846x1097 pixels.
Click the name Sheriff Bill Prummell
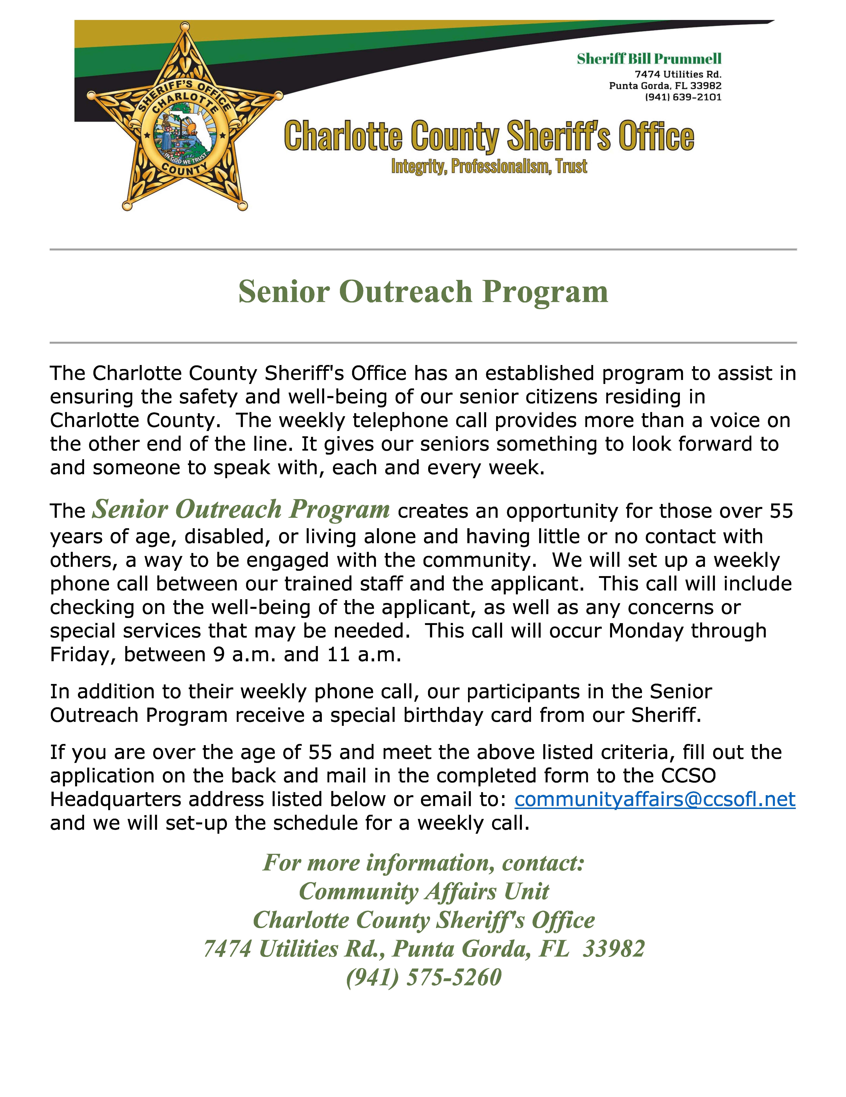coord(649,59)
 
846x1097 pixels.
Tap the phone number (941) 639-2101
coord(683,97)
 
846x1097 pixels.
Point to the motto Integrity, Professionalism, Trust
coord(488,166)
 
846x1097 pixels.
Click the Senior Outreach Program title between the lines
coord(423,291)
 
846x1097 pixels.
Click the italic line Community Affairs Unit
coord(423,892)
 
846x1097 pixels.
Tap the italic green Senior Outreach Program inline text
coord(241,509)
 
